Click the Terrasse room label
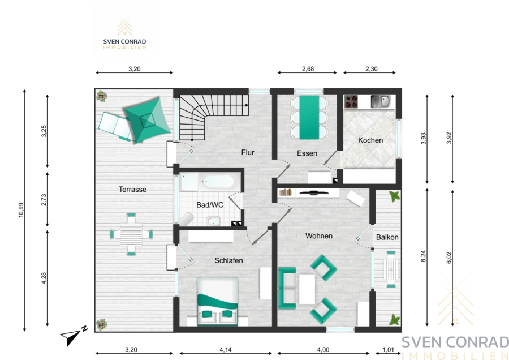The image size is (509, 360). tap(132, 190)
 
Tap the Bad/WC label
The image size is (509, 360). tap(210, 205)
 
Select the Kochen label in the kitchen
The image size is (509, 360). tap(370, 140)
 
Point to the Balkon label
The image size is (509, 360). tap(387, 237)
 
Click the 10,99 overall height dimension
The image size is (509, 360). tap(21, 210)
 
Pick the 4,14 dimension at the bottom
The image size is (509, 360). tap(226, 350)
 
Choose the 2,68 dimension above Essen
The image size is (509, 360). tap(308, 69)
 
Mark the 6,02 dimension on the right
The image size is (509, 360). tap(449, 258)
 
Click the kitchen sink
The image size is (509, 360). tap(381, 101)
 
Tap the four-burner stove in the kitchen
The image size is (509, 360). tap(351, 101)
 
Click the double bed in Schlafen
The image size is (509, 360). tap(218, 301)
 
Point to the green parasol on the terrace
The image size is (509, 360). tap(148, 120)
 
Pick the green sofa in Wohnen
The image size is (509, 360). tap(287, 288)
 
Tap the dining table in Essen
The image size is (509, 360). tap(309, 117)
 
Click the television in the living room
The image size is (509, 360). tap(313, 193)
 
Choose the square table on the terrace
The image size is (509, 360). tap(131, 234)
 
